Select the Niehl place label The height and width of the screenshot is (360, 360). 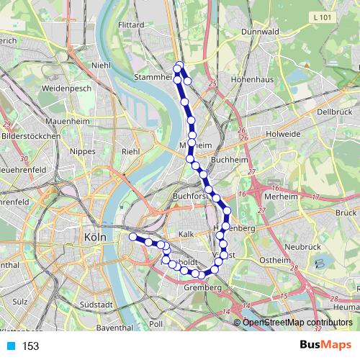point(101,66)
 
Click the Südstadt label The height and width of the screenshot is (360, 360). point(97,305)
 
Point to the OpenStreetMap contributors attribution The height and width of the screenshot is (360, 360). point(297,323)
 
